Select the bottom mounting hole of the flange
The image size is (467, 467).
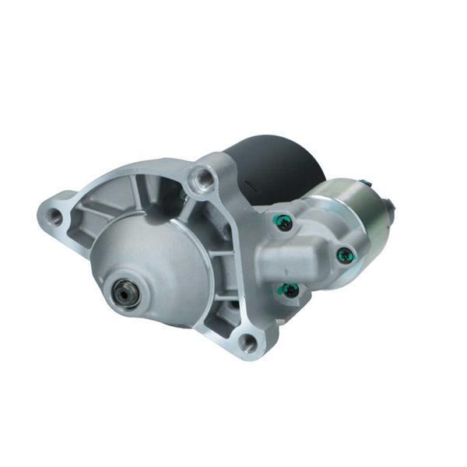click(x=248, y=342)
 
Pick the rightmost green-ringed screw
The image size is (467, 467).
click(x=342, y=254)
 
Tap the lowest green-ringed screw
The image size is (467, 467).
click(x=289, y=290)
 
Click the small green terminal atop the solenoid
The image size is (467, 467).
click(x=365, y=184)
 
